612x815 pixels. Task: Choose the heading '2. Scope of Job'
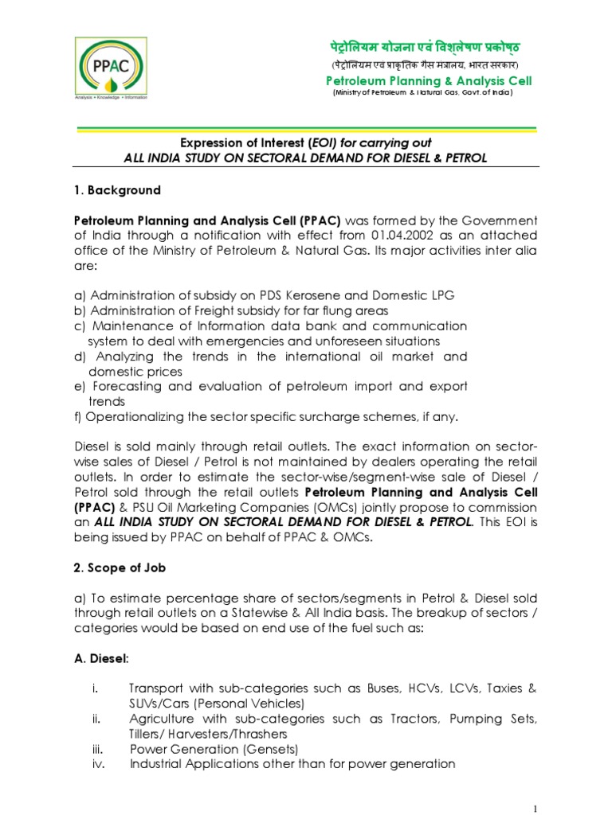coord(124,569)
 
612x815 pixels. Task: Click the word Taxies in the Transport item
coord(504,688)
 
